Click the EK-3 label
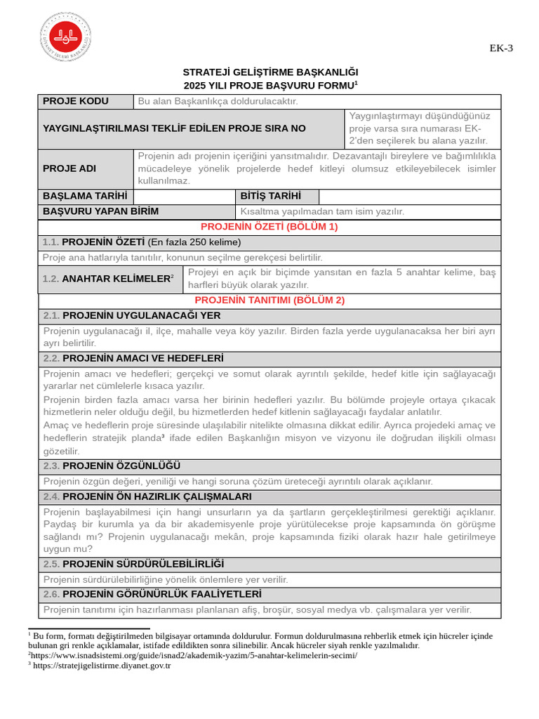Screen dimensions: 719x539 [501, 48]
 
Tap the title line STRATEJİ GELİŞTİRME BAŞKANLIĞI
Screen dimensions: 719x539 [270, 72]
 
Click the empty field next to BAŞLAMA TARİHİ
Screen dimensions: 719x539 [184, 196]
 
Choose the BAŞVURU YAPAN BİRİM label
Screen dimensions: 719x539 [101, 211]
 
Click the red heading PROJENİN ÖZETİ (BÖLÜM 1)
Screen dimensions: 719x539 [269, 227]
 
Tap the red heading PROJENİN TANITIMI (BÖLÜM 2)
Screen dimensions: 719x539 [269, 301]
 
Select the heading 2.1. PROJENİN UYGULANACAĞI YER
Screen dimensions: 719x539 [132, 316]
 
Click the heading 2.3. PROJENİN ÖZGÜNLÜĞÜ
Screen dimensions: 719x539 [112, 466]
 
